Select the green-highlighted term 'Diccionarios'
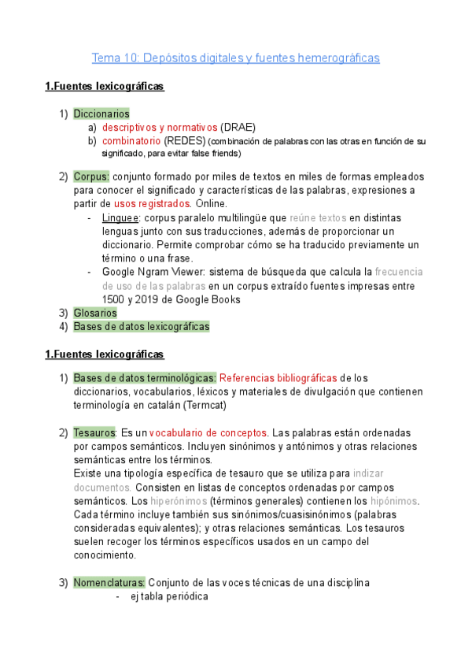(x=101, y=114)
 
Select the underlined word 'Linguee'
(x=121, y=217)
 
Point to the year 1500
(x=114, y=299)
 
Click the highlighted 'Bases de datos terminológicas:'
(x=145, y=379)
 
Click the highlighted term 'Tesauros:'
(x=94, y=433)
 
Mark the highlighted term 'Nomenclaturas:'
(x=109, y=582)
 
